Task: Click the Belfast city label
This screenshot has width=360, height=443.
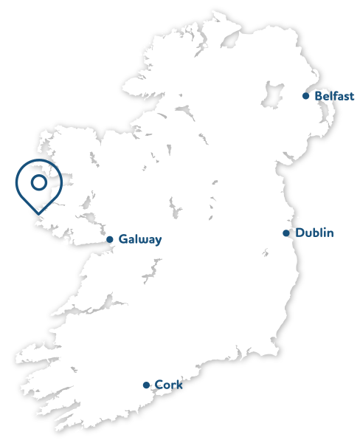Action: coord(334,96)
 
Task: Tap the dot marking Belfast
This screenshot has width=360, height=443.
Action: coord(306,96)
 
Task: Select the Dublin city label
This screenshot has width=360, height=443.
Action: coord(314,233)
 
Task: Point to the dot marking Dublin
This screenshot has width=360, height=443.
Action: coord(286,233)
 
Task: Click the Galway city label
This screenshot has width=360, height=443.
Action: coord(139,239)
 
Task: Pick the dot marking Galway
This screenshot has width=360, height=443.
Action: coord(110,239)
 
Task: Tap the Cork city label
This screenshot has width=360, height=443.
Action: coord(168,385)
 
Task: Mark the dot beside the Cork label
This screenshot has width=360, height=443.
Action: coord(146,385)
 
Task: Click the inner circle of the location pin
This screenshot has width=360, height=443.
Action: coord(38,182)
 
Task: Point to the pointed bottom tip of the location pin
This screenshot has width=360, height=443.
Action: coord(40,214)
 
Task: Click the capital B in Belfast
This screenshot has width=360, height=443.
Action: coord(319,96)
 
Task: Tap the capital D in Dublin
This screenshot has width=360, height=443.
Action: coord(300,233)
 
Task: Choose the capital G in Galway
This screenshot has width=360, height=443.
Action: coord(123,239)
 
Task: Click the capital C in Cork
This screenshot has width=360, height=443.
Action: coord(159,385)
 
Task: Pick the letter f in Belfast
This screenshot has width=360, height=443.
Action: coord(339,96)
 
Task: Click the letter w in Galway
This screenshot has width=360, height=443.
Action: coord(142,240)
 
